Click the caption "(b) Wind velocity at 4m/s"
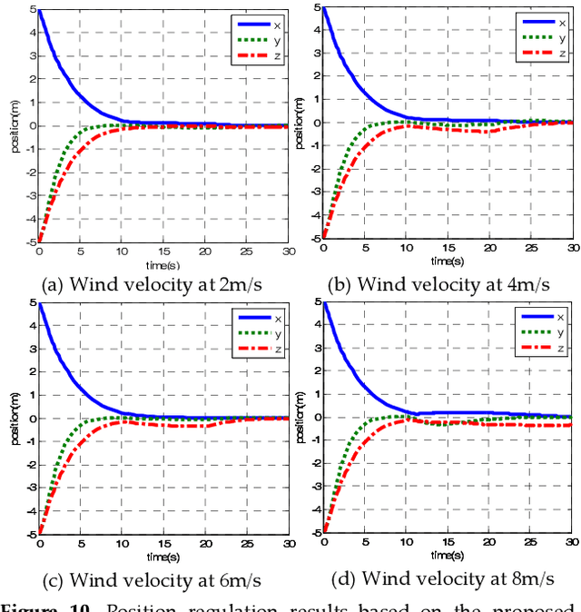pyautogui.click(x=440, y=283)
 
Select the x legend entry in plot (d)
pyautogui.click(x=547, y=317)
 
